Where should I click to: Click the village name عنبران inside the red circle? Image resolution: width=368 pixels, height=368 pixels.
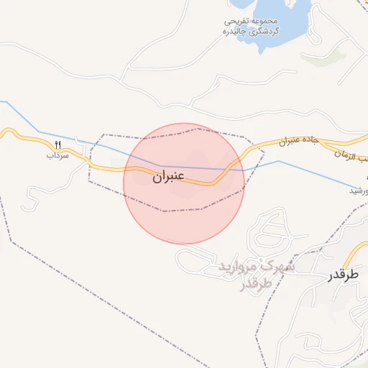tap(168, 175)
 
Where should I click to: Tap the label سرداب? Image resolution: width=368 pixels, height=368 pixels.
tap(57, 155)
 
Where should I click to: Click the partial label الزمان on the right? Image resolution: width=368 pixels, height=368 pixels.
tap(352, 157)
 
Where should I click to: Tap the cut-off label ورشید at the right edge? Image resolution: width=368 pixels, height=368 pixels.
tap(358, 190)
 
